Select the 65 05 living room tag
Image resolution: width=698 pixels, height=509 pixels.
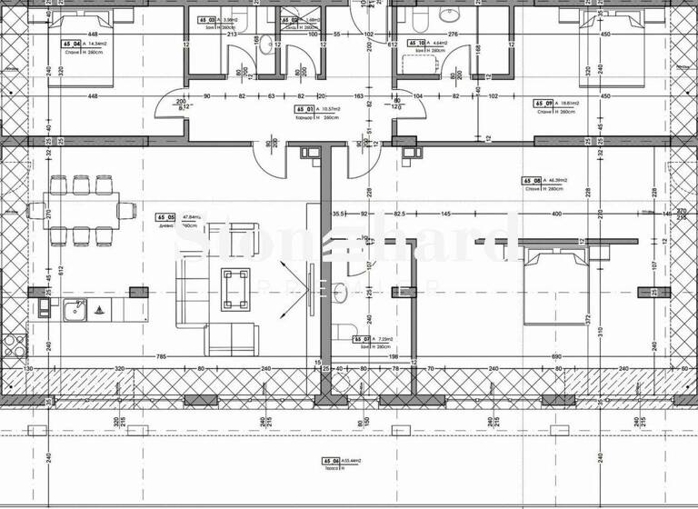165,218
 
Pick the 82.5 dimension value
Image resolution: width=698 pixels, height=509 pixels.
399,214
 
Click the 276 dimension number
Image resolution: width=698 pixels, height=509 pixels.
453,34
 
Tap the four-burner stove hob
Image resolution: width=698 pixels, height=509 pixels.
12,345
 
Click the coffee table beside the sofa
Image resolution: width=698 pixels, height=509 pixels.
235,277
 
